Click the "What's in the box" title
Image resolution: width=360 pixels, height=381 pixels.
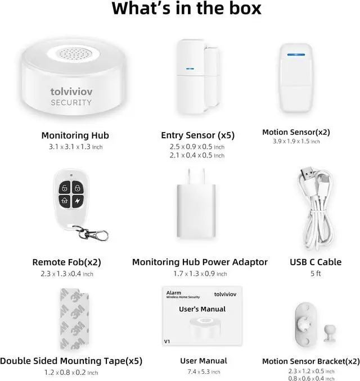(186, 10)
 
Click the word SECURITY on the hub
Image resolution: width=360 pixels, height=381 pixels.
(71, 102)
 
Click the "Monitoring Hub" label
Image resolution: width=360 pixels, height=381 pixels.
(75, 135)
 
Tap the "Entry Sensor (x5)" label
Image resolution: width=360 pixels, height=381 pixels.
(197, 135)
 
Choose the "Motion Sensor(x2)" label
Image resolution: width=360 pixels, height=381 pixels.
(296, 133)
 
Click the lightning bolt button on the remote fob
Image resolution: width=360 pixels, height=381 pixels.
(75, 201)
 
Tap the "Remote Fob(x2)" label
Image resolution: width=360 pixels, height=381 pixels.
(66, 262)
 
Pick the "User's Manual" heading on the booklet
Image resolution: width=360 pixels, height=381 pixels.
(202, 309)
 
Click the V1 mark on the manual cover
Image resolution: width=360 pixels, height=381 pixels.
(167, 341)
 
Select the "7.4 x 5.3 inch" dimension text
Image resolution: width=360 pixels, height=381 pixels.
(204, 372)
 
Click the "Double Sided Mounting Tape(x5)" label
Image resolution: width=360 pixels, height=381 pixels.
(70, 361)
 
